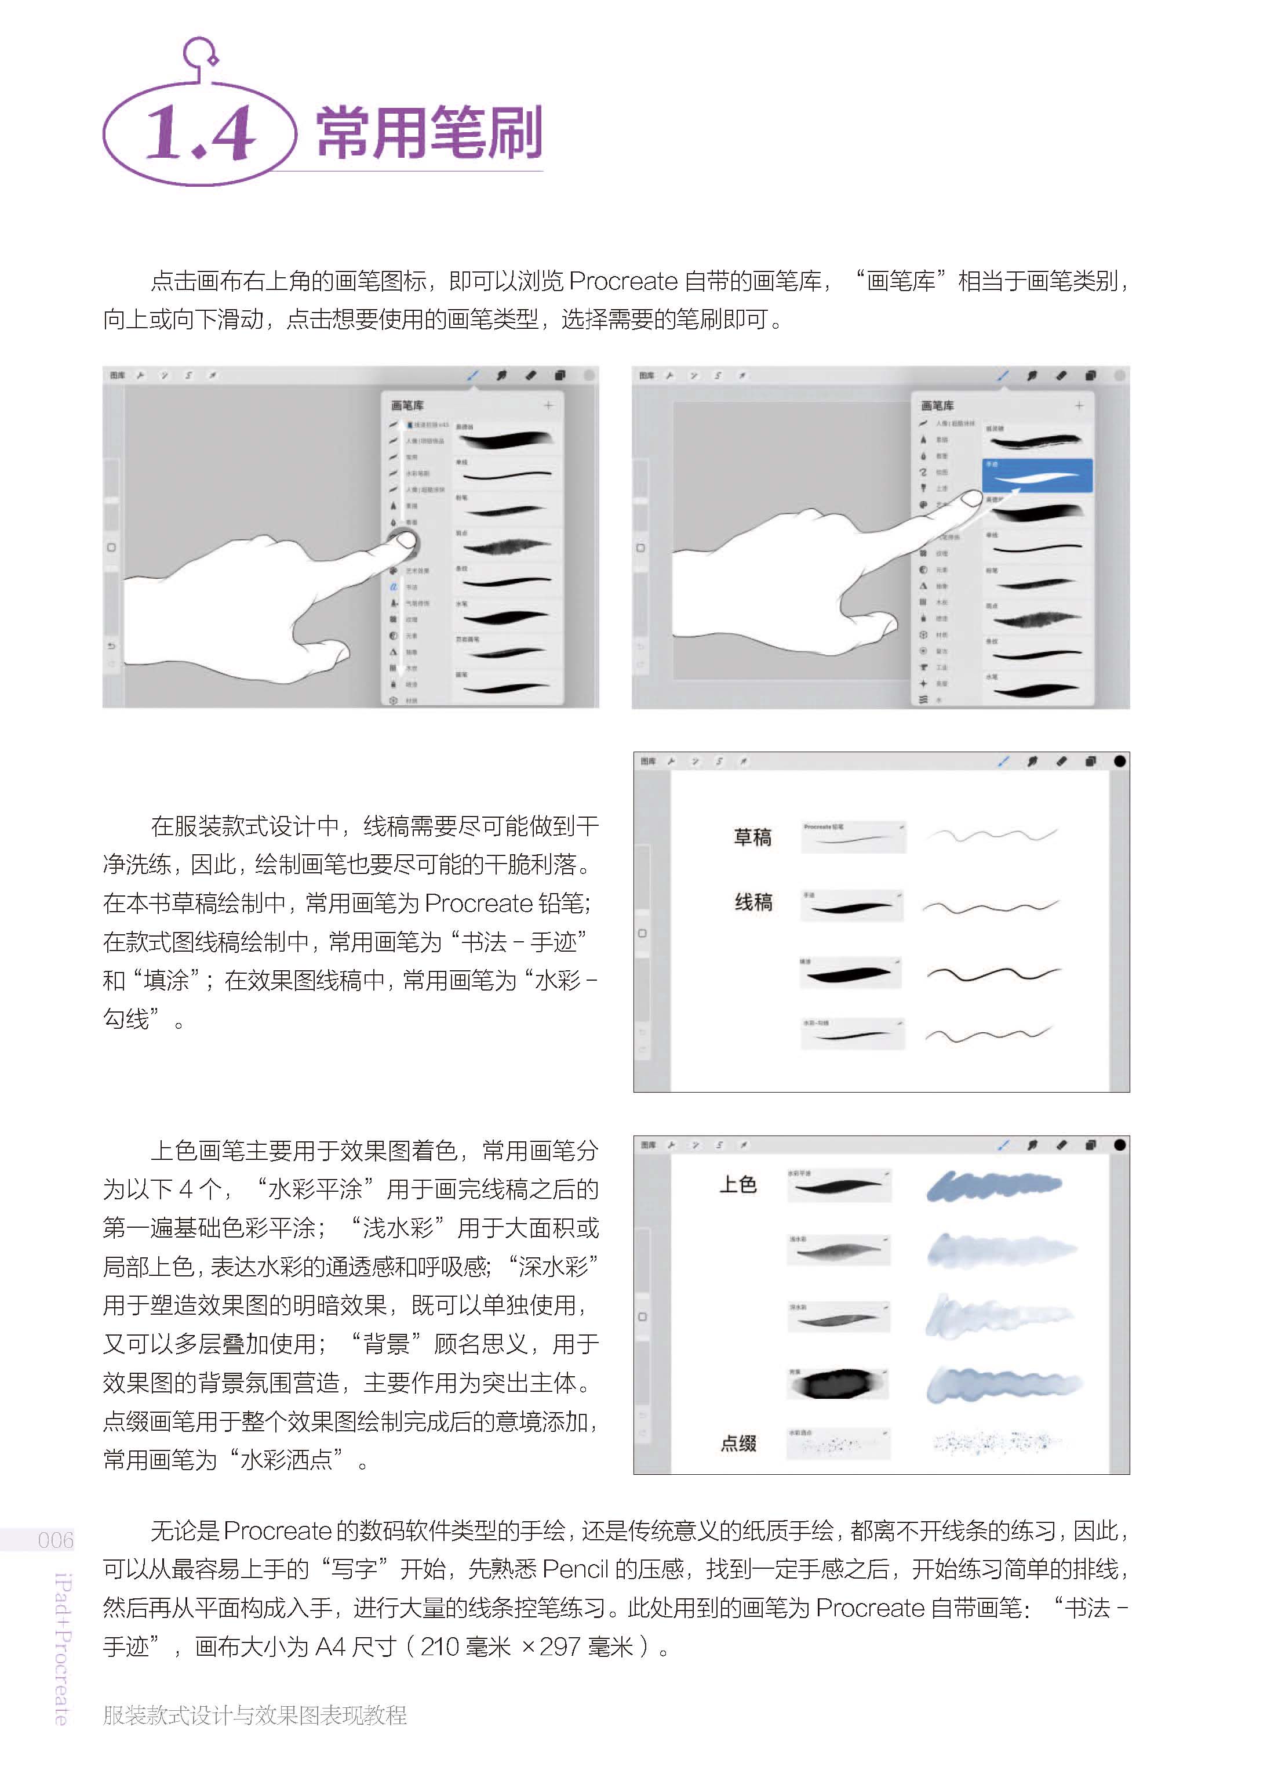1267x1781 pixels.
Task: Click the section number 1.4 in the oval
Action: (x=200, y=133)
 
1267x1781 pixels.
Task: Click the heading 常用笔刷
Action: (x=428, y=133)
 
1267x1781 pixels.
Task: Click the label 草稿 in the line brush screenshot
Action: (x=752, y=837)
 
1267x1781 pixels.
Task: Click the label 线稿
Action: (x=753, y=902)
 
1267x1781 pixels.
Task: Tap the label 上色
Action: (x=737, y=1185)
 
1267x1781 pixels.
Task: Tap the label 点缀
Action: (x=738, y=1443)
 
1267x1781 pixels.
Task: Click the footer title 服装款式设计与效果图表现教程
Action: (x=254, y=1715)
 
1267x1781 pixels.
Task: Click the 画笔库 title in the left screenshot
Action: (x=407, y=406)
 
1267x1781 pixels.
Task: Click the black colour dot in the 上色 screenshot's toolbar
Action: (x=1120, y=1145)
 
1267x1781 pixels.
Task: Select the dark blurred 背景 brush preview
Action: (x=839, y=1384)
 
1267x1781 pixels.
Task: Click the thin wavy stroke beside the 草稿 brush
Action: (x=992, y=836)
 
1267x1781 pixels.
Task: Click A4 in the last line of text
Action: (x=330, y=1647)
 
